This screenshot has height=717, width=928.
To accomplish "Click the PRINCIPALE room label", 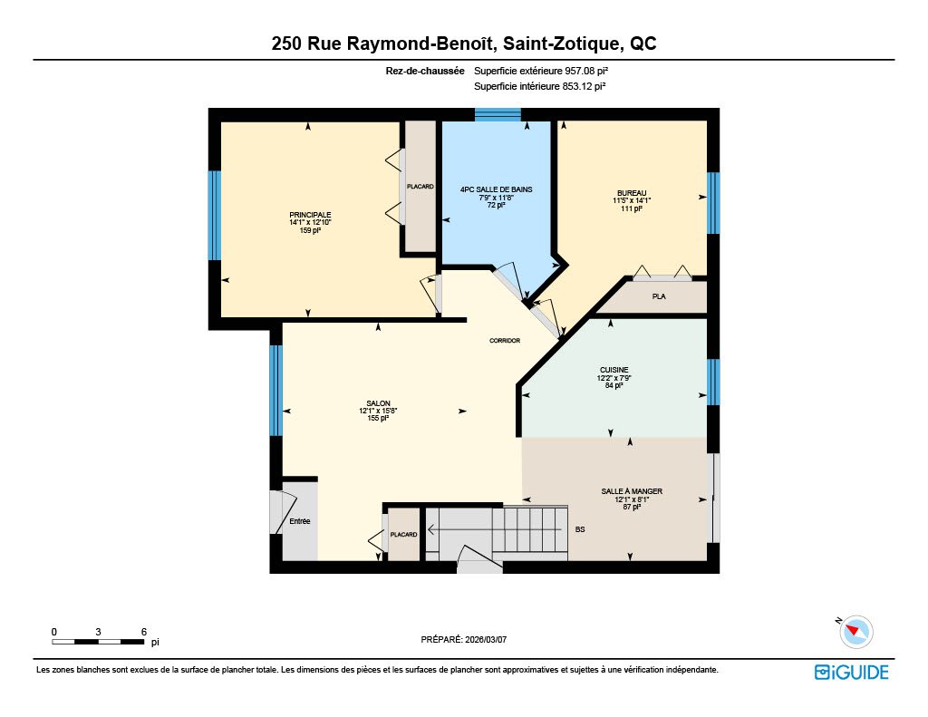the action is (x=310, y=215).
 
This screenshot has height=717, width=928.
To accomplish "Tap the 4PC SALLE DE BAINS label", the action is (x=496, y=189).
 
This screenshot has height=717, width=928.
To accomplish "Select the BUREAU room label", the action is (x=632, y=193).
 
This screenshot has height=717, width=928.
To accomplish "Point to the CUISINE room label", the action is (x=614, y=370).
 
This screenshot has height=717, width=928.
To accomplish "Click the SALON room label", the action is (x=378, y=403).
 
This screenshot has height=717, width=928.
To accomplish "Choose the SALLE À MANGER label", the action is (x=632, y=491).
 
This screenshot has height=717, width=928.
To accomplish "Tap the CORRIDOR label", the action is (x=505, y=341).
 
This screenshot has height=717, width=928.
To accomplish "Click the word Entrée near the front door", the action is (x=299, y=521).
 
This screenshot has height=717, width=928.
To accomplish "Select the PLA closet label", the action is (x=659, y=296).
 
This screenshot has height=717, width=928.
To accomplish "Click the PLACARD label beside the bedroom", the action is (x=420, y=187).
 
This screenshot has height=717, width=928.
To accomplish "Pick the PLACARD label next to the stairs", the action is (x=403, y=535).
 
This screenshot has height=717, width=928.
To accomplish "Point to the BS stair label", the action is (x=580, y=529).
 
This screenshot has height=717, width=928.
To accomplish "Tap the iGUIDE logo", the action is (x=852, y=672).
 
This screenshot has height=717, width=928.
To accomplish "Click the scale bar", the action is (x=98, y=642).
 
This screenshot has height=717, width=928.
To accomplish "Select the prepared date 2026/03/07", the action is (x=486, y=639).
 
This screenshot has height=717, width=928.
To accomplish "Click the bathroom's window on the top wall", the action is (x=498, y=114).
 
